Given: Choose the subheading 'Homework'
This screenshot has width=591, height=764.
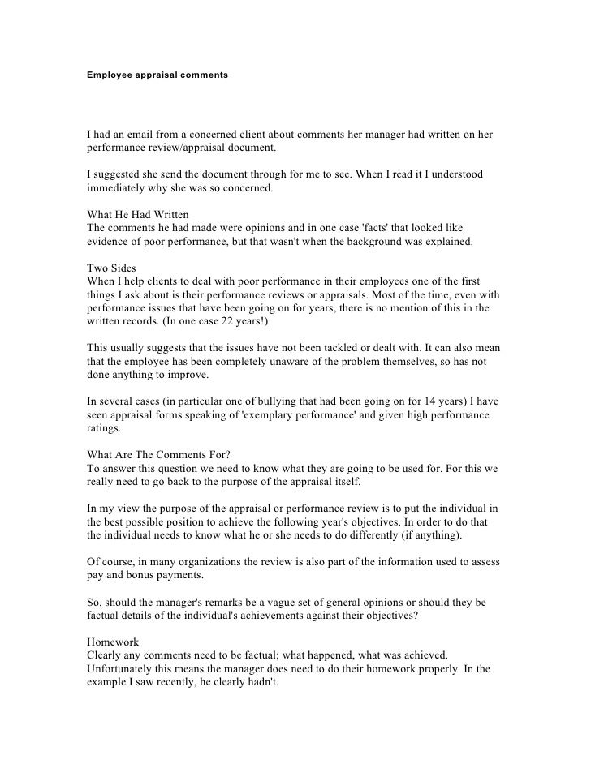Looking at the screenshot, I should coord(114,639).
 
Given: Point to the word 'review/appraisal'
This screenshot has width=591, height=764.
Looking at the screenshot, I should coord(184,148).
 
